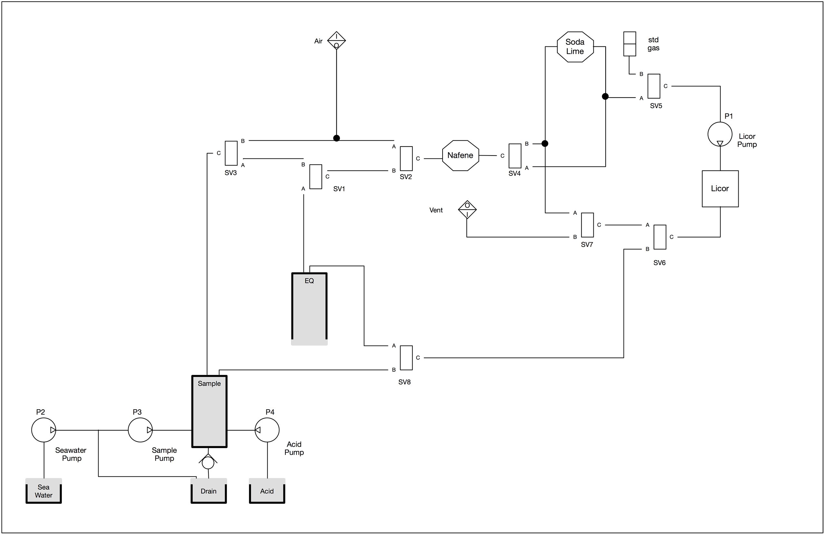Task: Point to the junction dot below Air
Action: [336, 138]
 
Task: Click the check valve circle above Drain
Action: [208, 463]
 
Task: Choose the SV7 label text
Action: [587, 245]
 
